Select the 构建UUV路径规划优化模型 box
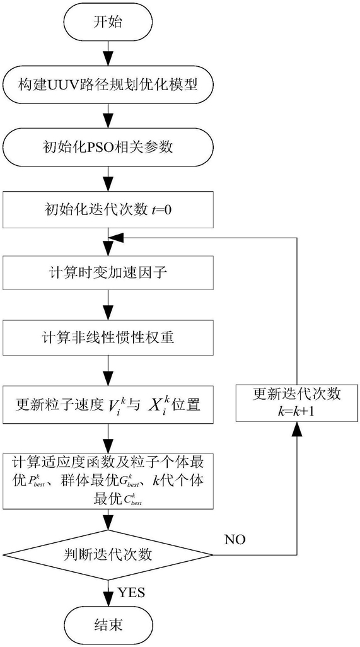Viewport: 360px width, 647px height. tap(108, 86)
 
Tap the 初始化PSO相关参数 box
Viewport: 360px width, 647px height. tap(108, 148)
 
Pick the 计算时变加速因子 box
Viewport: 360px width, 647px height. tap(108, 273)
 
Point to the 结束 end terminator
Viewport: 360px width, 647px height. tap(108, 624)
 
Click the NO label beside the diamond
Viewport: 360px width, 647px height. tap(235, 539)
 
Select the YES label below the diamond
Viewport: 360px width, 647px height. tap(132, 593)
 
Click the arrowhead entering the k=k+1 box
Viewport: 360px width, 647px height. tap(296, 429)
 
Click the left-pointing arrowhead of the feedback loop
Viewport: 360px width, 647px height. tap(115, 238)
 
